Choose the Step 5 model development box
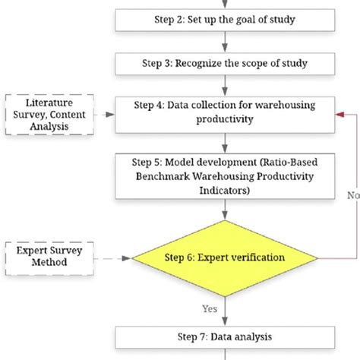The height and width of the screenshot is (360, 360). [225, 176]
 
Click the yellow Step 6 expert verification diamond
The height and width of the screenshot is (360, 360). [225, 257]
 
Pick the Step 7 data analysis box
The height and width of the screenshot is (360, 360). [225, 335]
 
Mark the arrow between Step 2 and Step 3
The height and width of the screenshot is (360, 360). [225, 42]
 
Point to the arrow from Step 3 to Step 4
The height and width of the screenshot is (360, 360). [225, 87]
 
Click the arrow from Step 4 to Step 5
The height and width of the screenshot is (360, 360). [225, 143]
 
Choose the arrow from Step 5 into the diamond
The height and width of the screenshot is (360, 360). [225, 214]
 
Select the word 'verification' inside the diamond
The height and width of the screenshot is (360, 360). [252, 257]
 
